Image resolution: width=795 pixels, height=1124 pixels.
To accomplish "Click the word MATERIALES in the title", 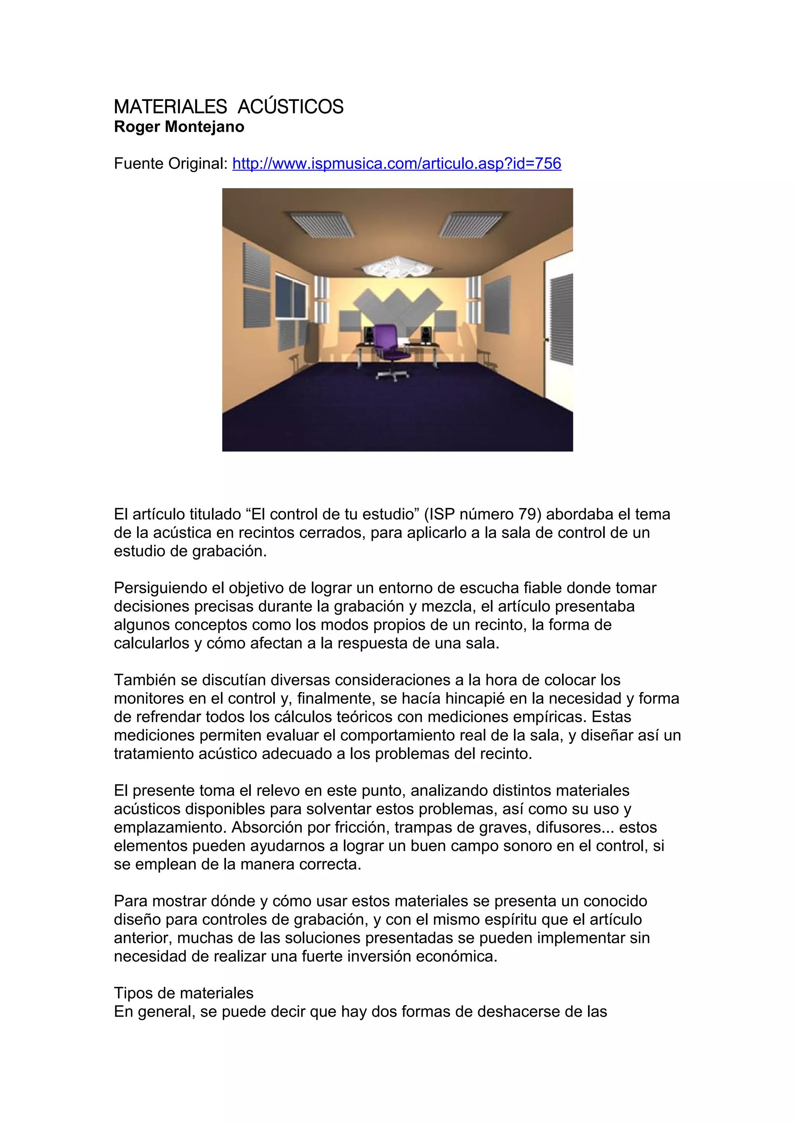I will [170, 107].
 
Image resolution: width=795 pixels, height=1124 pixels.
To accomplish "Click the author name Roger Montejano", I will [179, 127].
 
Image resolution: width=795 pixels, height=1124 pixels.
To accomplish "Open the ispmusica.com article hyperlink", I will [396, 164].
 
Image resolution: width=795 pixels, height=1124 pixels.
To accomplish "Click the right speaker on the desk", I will [426, 335].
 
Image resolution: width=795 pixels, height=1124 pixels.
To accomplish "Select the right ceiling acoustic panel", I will [471, 224].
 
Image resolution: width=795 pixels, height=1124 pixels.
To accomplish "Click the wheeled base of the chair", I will [392, 375].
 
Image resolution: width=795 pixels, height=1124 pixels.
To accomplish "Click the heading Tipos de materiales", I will [184, 993].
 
